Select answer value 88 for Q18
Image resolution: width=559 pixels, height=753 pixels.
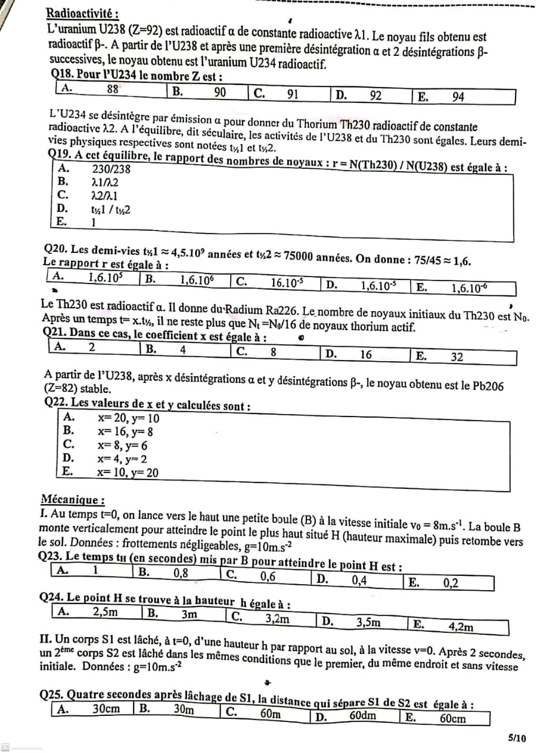point(113,89)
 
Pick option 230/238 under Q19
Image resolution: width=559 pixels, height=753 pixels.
point(111,169)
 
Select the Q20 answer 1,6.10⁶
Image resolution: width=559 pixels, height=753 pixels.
point(196,281)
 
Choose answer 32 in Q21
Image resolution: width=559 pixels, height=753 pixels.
point(457,356)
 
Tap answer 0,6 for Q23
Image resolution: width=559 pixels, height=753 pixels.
point(268,577)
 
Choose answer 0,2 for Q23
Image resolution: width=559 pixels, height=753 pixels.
point(451,582)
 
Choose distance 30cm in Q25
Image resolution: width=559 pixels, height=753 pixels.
point(107,709)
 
